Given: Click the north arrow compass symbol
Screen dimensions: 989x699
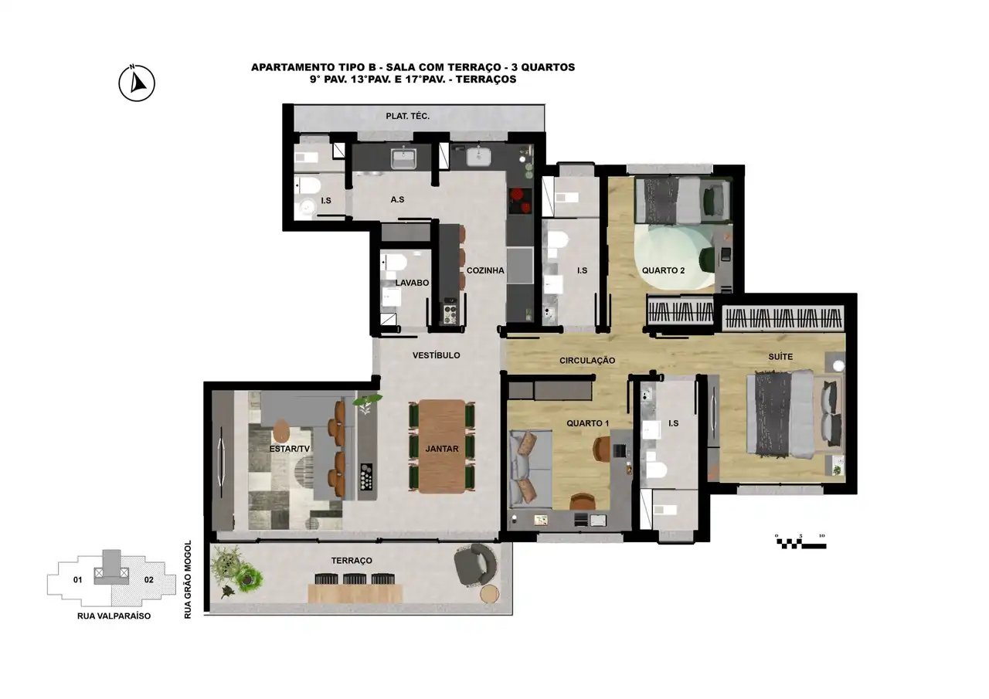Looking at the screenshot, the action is pyautogui.click(x=137, y=83).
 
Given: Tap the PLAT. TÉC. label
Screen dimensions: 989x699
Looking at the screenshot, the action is pyautogui.click(x=407, y=116).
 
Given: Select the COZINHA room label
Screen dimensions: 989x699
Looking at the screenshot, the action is pyautogui.click(x=485, y=270).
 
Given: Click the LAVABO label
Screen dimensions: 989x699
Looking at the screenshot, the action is pyautogui.click(x=412, y=283).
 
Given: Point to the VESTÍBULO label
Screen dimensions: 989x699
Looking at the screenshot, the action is pyautogui.click(x=437, y=355).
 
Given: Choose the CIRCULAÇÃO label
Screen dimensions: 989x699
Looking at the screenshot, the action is pyautogui.click(x=587, y=361).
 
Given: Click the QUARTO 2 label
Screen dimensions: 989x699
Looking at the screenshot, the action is pyautogui.click(x=663, y=270).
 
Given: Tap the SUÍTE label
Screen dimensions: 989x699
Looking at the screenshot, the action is pyautogui.click(x=780, y=357).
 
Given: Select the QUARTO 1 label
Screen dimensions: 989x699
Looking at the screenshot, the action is pyautogui.click(x=588, y=423).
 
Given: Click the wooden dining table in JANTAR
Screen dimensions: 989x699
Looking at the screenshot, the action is pyautogui.click(x=442, y=446).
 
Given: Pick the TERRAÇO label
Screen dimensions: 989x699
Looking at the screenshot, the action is pyautogui.click(x=352, y=561).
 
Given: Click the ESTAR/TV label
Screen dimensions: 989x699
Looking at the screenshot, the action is pyautogui.click(x=290, y=449).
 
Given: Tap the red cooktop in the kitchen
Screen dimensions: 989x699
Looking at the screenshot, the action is pyautogui.click(x=520, y=202).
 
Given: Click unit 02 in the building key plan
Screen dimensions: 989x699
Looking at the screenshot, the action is pyautogui.click(x=149, y=579).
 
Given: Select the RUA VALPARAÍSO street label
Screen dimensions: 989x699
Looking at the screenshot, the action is pyautogui.click(x=114, y=616).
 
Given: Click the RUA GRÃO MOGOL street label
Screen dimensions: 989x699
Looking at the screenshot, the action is pyautogui.click(x=188, y=579).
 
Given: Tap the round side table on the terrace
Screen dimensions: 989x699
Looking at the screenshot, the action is pyautogui.click(x=489, y=593).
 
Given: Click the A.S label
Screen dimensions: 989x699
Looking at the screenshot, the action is pyautogui.click(x=397, y=200).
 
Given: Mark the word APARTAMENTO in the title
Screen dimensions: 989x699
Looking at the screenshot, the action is pyautogui.click(x=291, y=67).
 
